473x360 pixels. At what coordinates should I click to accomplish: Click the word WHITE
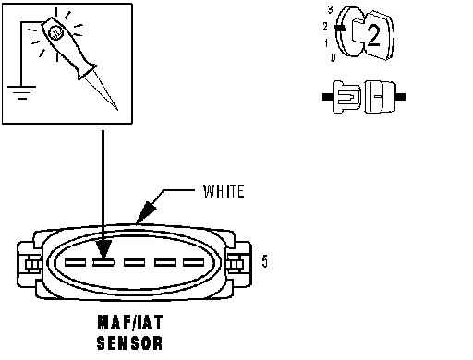click(x=224, y=191)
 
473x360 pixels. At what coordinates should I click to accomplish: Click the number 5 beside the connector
click(x=265, y=261)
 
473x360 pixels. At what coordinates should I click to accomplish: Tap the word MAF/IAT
click(x=130, y=322)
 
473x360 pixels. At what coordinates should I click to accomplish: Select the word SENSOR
click(x=129, y=342)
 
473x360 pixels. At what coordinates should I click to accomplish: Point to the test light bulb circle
click(x=56, y=32)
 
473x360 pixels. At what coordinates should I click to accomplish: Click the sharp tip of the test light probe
click(x=117, y=109)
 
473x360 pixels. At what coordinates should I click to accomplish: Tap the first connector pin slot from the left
click(x=75, y=263)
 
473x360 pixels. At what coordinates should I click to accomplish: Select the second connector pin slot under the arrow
click(x=103, y=263)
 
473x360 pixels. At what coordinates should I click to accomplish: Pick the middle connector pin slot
click(x=134, y=263)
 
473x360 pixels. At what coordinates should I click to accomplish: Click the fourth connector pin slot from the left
click(x=165, y=263)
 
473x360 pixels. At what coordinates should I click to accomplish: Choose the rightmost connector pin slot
click(x=194, y=263)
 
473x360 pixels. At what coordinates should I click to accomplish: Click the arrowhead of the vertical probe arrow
click(x=103, y=249)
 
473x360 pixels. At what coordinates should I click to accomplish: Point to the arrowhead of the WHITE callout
click(x=145, y=213)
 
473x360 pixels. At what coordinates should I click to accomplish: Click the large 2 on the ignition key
click(x=373, y=35)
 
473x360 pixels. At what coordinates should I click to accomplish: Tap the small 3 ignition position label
click(x=330, y=9)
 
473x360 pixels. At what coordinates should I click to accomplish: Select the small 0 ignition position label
click(x=333, y=57)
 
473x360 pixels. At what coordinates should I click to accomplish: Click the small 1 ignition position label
click(x=326, y=43)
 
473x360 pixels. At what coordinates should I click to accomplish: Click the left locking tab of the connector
click(x=30, y=265)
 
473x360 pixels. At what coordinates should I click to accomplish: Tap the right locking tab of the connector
click(x=239, y=265)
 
